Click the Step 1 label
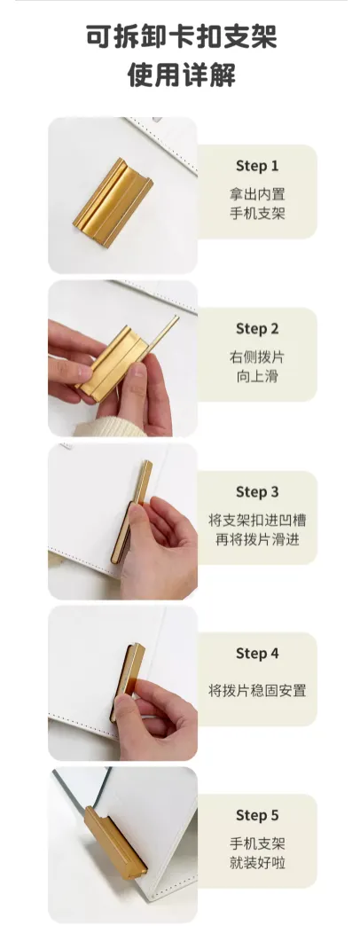click(257, 166)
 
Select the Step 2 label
click(257, 328)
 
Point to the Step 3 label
click(257, 492)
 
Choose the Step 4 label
click(257, 654)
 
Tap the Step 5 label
click(257, 815)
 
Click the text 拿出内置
click(257, 194)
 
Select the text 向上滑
click(257, 376)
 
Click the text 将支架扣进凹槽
click(257, 520)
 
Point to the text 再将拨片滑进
click(257, 540)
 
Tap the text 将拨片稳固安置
click(257, 691)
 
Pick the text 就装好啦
click(257, 863)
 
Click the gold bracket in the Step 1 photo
click(113, 202)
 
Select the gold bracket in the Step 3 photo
click(131, 512)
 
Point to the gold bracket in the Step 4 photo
click(127, 681)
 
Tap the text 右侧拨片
click(257, 357)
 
